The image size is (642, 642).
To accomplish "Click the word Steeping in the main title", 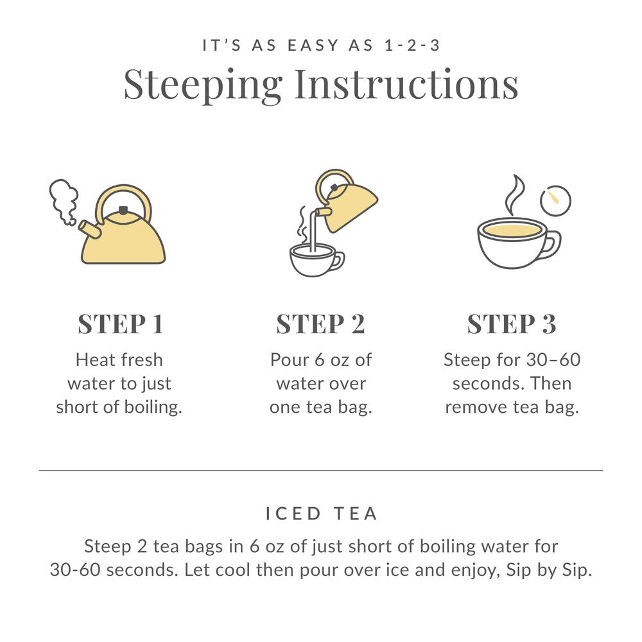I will (x=203, y=84).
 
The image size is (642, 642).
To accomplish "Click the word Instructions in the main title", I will (x=406, y=84).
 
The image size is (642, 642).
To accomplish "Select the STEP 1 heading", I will (x=121, y=324).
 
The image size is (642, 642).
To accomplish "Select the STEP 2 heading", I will (x=320, y=324).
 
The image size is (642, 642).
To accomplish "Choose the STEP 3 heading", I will (x=512, y=324).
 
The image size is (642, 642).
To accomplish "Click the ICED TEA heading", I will (x=321, y=514).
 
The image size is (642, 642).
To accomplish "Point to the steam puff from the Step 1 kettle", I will (x=64, y=200).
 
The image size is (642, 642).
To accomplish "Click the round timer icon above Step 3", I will (x=555, y=200).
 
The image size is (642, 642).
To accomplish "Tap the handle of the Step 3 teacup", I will (x=551, y=244).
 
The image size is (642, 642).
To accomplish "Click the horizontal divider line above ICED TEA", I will (x=321, y=471).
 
